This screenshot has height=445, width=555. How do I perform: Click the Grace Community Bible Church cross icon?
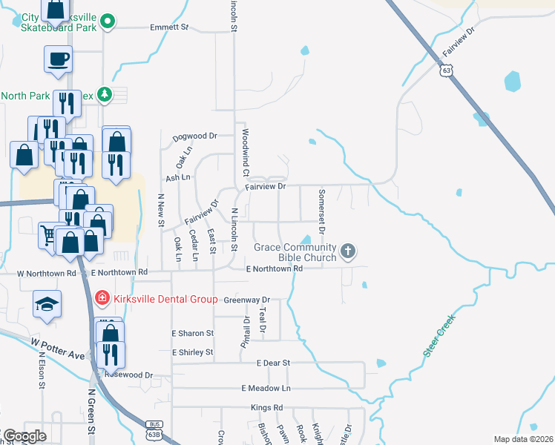(x=348, y=252)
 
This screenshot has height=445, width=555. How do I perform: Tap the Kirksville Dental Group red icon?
(x=102, y=299)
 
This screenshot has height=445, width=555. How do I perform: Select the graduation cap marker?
(x=47, y=304)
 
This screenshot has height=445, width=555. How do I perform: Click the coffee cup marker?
(x=58, y=59)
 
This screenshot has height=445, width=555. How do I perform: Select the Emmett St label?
(x=169, y=27)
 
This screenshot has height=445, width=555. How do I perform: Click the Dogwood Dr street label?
(x=194, y=136)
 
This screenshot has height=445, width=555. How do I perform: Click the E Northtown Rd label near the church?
(x=275, y=268)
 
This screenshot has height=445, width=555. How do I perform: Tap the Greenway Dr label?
(x=246, y=300)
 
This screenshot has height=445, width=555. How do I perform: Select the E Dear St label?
(x=272, y=363)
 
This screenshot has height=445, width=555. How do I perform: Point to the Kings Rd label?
(x=267, y=408)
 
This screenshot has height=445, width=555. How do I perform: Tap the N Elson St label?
(x=42, y=370)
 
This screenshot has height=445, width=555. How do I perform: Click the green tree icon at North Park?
(x=104, y=94)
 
